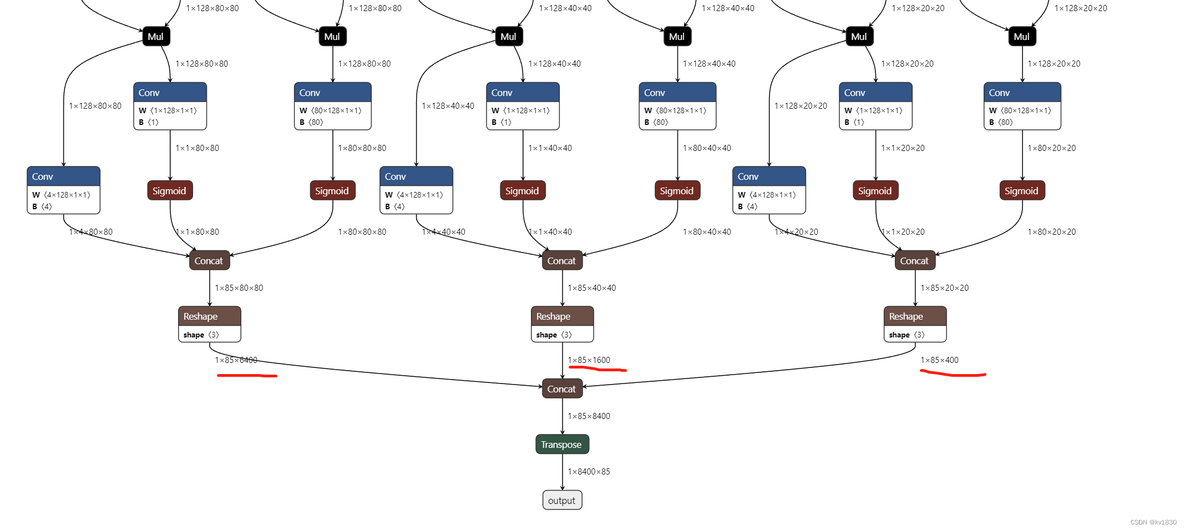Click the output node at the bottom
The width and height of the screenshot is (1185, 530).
click(562, 500)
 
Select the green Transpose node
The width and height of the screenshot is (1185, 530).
click(561, 444)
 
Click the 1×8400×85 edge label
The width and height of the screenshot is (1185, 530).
click(589, 472)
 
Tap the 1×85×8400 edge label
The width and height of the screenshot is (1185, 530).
click(589, 416)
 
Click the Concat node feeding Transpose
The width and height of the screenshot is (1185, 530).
click(561, 389)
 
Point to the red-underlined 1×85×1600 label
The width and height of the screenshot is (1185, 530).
click(589, 360)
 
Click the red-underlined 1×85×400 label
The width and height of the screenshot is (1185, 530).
click(939, 360)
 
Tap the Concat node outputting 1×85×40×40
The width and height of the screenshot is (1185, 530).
click(561, 260)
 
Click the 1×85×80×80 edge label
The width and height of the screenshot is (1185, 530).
click(239, 288)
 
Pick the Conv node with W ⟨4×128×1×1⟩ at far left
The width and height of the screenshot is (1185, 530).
click(63, 189)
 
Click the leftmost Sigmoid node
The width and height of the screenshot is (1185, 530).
click(169, 190)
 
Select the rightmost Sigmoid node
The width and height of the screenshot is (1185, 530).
click(1021, 190)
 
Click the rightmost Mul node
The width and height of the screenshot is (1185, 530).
click(1021, 37)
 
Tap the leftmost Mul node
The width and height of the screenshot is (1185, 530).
click(155, 37)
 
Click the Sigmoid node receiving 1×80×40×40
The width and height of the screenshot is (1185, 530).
click(676, 190)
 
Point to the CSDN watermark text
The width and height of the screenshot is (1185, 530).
click(1153, 522)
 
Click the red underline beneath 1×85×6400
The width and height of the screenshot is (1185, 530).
click(246, 376)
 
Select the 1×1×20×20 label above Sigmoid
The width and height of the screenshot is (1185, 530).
click(903, 148)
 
